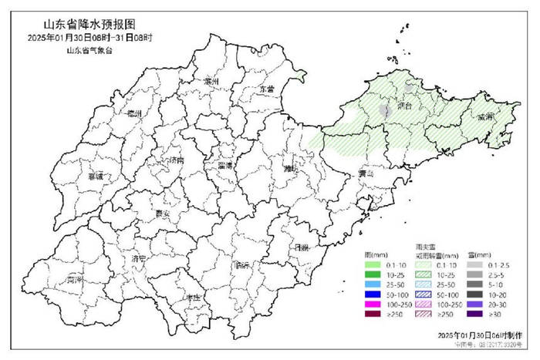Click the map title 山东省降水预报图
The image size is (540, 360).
74,24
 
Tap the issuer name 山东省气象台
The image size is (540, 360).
89,50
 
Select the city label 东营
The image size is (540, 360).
266,89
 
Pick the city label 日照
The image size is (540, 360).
302,247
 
